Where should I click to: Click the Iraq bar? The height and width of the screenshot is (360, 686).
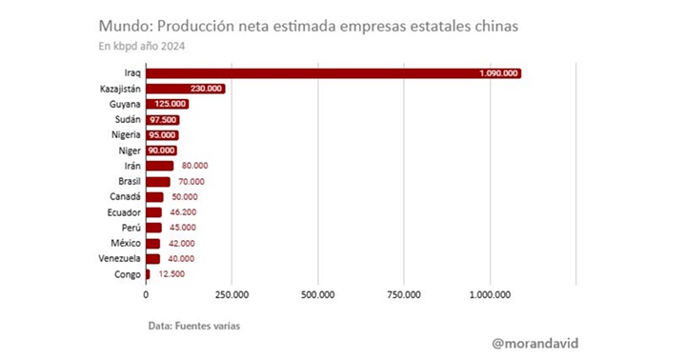[x=333, y=73]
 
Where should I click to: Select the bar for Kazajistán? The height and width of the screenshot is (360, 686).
[x=185, y=89]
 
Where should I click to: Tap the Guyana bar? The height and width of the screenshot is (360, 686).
[x=167, y=104]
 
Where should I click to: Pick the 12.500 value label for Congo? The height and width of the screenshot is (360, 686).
[x=171, y=273]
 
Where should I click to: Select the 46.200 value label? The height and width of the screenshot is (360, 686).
[x=181, y=211]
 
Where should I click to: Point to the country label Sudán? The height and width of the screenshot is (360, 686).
[x=126, y=119]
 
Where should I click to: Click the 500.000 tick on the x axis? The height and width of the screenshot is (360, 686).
[x=317, y=294]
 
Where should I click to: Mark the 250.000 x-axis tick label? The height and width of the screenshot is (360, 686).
[x=232, y=294]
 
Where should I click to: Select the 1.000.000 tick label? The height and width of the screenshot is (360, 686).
[x=490, y=294]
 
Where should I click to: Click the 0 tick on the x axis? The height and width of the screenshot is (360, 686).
[x=146, y=294]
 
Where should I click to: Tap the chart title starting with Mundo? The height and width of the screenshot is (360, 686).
[x=308, y=26]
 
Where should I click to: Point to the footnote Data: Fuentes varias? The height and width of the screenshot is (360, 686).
[x=194, y=326]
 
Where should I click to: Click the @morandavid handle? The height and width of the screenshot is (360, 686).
[x=535, y=342]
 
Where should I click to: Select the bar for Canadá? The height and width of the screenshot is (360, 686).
[x=154, y=196]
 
